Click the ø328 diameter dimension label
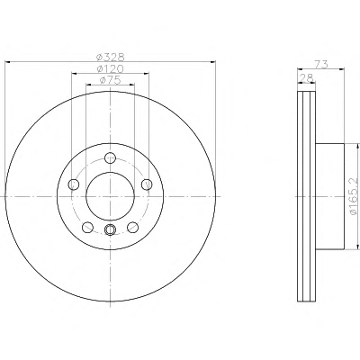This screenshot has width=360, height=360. point(110,57)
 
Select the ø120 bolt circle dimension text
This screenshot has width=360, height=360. point(110,69)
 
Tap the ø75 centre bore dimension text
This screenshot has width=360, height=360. point(110,80)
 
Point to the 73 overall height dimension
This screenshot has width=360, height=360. point(321,64)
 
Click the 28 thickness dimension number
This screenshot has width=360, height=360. point(306,77)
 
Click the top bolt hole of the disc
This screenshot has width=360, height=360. point(111,157)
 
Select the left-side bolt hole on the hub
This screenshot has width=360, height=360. point(74,184)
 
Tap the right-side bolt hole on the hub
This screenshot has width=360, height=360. point(147,184)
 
